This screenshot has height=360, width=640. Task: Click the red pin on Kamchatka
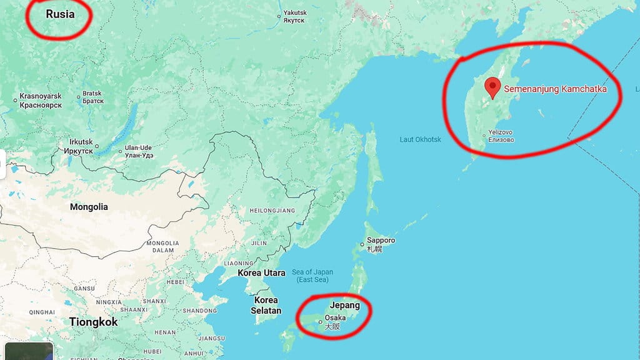click(x=493, y=87)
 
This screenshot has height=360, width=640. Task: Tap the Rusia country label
click(x=60, y=13)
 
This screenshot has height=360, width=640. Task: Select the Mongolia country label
click(x=89, y=207)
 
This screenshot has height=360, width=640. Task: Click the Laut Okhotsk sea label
click(x=420, y=139)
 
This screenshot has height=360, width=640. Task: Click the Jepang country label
click(x=345, y=306)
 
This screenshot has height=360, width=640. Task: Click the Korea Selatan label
click(x=266, y=305)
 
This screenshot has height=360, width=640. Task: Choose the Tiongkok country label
click(x=94, y=322)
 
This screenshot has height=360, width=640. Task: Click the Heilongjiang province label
click(x=271, y=211)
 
